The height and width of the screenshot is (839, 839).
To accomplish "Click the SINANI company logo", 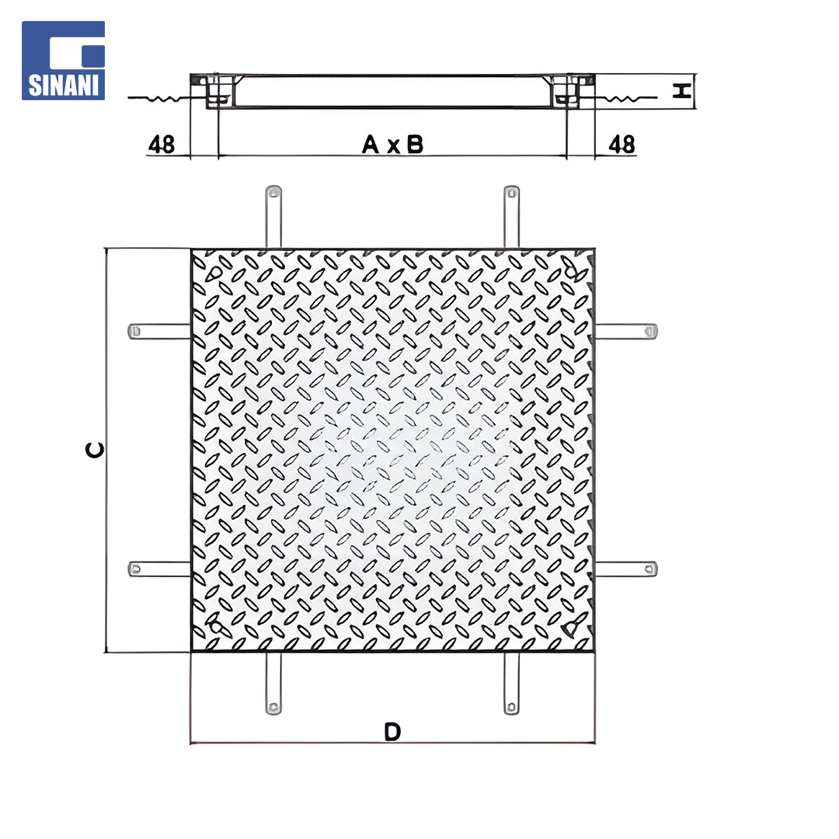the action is click(x=63, y=61).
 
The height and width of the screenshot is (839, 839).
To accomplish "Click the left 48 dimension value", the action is click(x=162, y=144).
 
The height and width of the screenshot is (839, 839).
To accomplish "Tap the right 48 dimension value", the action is click(x=621, y=144).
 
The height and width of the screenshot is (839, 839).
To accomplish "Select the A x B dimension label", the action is click(x=393, y=144).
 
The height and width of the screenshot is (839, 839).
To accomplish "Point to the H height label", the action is click(x=682, y=91).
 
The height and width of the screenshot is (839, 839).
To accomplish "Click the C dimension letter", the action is click(x=95, y=451).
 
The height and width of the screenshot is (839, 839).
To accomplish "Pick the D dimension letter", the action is click(x=392, y=732).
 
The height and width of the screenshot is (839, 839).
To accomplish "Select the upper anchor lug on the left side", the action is click(x=159, y=331).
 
